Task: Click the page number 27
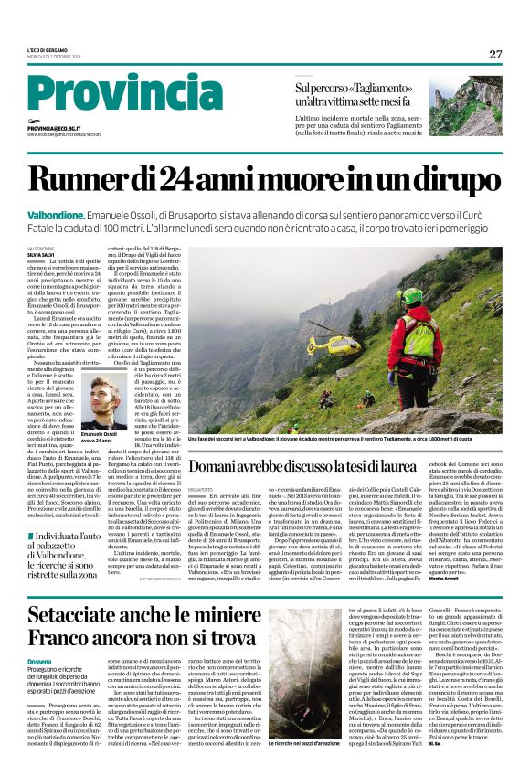click(495, 55)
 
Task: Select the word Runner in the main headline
click(101, 172)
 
